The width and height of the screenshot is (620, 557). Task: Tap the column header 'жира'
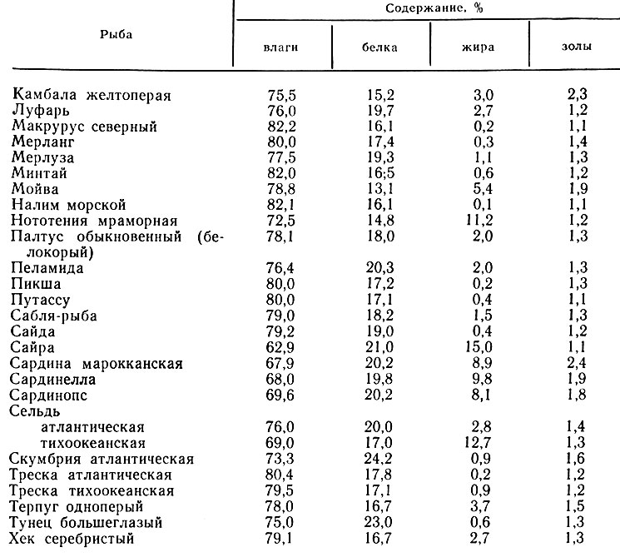coord(478,47)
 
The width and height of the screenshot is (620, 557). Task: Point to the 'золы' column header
coord(576,47)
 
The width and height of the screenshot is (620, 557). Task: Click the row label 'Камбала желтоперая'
coord(92,95)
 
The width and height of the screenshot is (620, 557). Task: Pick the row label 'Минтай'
coord(39,173)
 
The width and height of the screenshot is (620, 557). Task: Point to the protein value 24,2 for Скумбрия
coord(379,459)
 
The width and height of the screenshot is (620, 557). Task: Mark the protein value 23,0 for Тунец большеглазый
coord(379,522)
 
